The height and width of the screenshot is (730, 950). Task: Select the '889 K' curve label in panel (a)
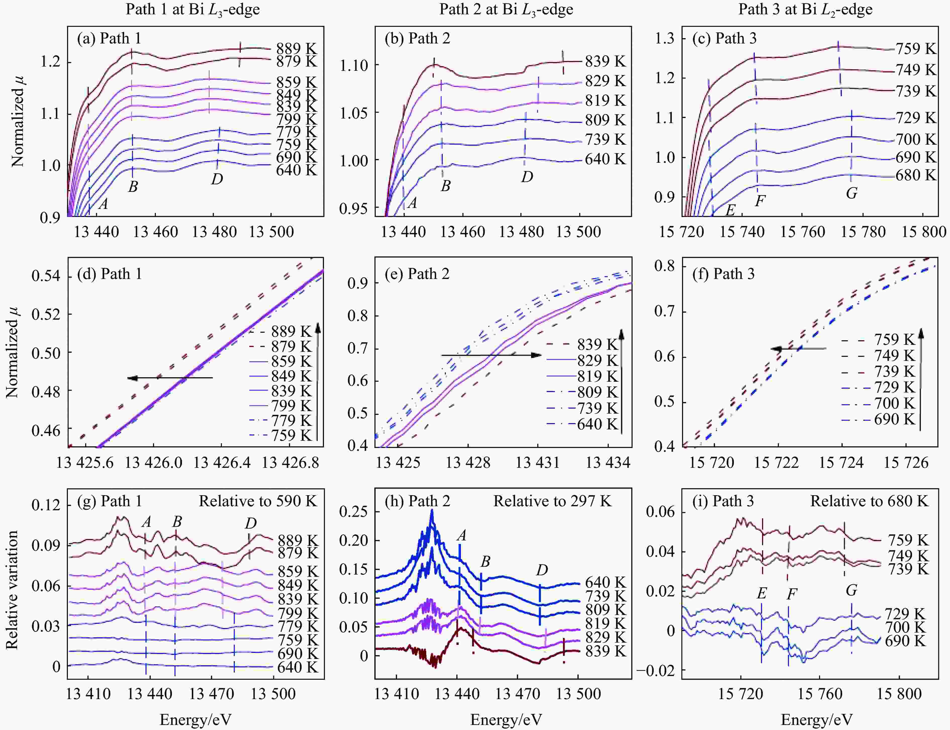point(297,48)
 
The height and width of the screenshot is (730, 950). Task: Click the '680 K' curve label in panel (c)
point(915,175)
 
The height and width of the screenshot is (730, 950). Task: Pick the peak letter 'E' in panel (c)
point(730,210)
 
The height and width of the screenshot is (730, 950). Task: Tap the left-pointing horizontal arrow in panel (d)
point(170,378)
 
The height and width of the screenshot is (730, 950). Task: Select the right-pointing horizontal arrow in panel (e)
point(491,355)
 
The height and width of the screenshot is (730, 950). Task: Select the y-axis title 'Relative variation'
point(12,590)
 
